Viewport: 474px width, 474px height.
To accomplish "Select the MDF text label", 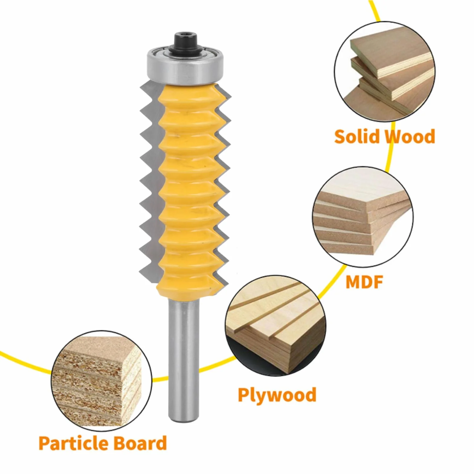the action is (364, 282).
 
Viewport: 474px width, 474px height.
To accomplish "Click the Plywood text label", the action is (277, 395).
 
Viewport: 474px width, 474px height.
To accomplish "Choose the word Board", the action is (140, 443).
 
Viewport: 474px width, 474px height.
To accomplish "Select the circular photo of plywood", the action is (276, 326).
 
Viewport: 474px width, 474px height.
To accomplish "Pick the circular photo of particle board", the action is (102, 381).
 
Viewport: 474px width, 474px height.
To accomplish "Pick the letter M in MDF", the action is (353, 282).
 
